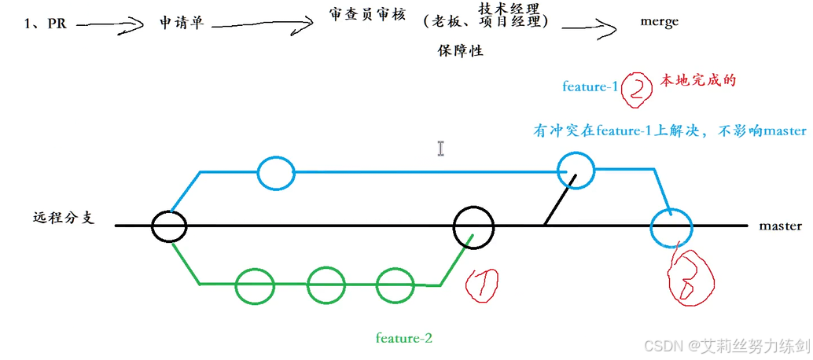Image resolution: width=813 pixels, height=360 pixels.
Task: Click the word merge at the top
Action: click(x=659, y=22)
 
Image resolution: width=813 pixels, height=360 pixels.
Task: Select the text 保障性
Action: click(x=460, y=51)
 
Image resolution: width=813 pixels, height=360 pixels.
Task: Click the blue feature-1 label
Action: click(x=590, y=86)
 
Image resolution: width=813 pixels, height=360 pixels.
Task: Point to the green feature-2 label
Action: click(x=404, y=339)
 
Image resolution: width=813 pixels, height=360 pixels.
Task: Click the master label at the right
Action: click(x=780, y=226)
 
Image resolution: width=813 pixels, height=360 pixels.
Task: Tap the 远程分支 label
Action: click(x=64, y=218)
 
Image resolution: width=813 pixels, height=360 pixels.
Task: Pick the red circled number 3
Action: click(x=690, y=275)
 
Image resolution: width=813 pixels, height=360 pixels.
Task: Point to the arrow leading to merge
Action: click(x=587, y=28)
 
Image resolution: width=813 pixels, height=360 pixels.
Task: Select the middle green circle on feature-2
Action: click(x=326, y=285)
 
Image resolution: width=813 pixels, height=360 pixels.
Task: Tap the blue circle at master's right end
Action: click(x=671, y=228)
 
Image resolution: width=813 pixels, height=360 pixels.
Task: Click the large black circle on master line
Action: click(x=473, y=226)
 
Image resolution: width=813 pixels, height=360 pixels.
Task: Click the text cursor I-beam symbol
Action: click(x=441, y=149)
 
